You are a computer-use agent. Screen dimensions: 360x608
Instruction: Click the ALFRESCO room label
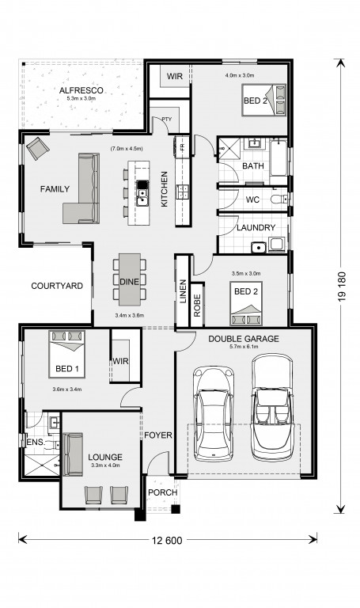click(81, 91)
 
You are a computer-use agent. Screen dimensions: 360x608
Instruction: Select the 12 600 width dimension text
click(168, 540)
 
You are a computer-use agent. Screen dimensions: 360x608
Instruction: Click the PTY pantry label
click(167, 120)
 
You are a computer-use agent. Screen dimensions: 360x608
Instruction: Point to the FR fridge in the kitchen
click(182, 147)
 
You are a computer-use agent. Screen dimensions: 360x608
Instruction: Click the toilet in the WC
click(279, 199)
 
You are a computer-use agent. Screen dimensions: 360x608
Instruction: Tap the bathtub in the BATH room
click(279, 158)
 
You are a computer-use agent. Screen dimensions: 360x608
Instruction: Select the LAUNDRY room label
click(256, 228)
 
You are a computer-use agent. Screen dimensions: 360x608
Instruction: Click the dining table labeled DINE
click(130, 279)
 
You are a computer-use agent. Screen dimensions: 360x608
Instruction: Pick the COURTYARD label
click(57, 286)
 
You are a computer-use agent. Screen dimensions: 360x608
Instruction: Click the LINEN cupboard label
click(184, 291)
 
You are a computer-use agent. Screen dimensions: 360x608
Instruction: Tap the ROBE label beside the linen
click(197, 305)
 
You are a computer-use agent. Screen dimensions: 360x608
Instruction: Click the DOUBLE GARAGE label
click(244, 339)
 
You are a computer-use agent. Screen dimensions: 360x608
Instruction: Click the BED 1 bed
click(66, 354)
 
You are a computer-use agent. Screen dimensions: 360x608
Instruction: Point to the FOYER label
click(158, 435)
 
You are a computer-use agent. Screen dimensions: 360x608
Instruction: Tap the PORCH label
click(163, 492)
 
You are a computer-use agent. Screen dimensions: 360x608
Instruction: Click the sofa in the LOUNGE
click(73, 454)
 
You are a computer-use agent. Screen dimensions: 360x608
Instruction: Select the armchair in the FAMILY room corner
click(38, 148)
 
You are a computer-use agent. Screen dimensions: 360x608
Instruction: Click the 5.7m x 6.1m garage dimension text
click(244, 347)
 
